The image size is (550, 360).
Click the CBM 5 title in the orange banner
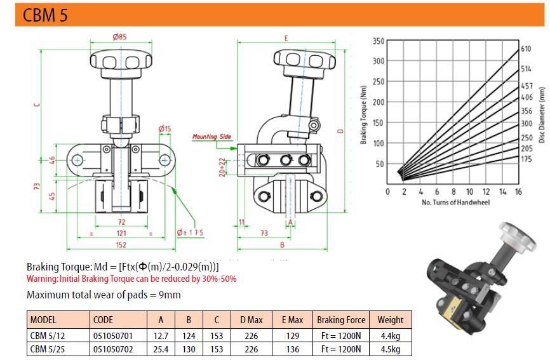45,15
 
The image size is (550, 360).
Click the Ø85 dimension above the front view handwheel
119,37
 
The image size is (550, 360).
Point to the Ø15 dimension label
164,129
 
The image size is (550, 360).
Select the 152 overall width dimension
121,244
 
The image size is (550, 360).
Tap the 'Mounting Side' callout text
212,137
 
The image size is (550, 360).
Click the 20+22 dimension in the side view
222,167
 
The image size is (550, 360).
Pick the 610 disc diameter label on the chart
526,49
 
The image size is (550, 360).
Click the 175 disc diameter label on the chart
526,159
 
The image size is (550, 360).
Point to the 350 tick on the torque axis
379,41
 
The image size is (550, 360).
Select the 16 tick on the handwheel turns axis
518,192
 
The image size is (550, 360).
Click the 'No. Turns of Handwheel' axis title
455,203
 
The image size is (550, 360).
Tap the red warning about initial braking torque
131,279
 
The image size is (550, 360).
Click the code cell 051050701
113,336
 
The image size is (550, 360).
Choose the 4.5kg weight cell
391,349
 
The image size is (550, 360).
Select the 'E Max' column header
293,320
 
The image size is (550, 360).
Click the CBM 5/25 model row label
48,349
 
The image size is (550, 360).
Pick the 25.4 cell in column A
161,349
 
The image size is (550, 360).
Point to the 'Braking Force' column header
341,320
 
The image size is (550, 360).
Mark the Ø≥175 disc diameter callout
190,232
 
